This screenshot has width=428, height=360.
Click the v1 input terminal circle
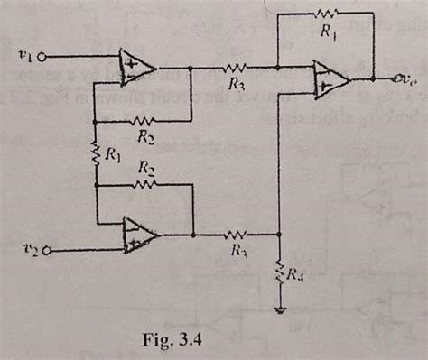[x=42, y=56]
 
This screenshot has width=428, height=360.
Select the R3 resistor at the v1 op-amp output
[x=236, y=67]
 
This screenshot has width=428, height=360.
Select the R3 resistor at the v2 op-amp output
[x=237, y=233]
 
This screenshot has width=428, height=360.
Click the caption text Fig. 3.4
[x=179, y=342]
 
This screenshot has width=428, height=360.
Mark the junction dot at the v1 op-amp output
[x=192, y=67]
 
